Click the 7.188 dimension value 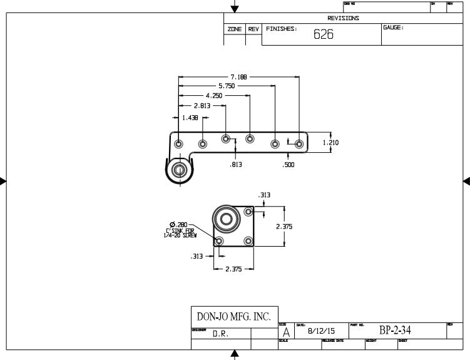238,77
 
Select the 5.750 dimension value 227,86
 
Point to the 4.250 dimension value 214,96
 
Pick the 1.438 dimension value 190,118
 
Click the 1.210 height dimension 330,143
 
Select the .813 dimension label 235,165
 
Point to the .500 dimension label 289,165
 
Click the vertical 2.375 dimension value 285,227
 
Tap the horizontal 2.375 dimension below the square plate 233,269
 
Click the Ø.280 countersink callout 179,224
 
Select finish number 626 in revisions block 323,35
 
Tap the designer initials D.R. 220,334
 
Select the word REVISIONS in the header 343,18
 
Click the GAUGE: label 393,28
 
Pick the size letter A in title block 286,332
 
